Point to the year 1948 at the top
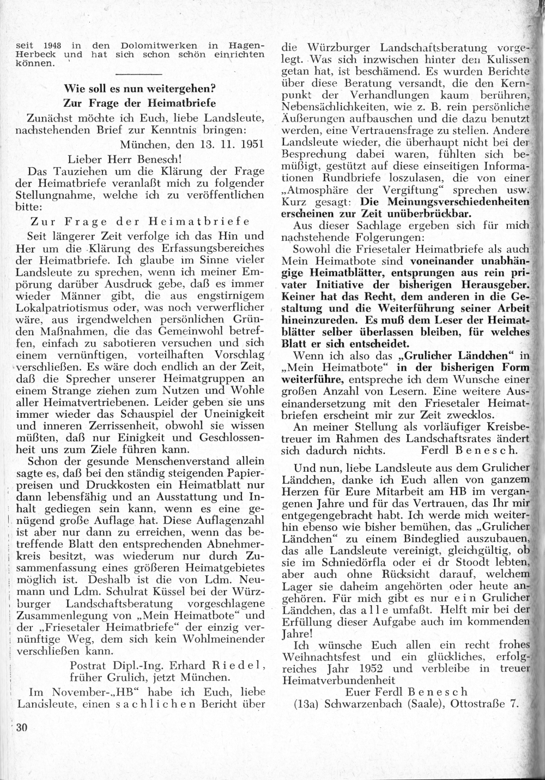[42, 45]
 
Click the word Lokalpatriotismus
[71, 307]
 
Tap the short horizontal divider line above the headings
[139, 73]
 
